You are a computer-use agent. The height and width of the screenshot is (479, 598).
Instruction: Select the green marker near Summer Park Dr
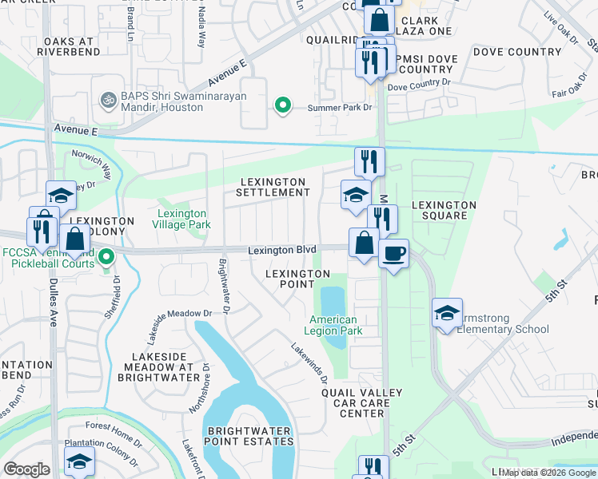(x=281, y=105)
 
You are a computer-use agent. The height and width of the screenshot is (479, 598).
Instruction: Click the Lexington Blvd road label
(x=281, y=250)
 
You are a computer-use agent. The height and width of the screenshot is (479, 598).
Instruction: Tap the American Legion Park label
(x=336, y=325)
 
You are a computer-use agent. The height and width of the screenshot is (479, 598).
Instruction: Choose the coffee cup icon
(x=393, y=255)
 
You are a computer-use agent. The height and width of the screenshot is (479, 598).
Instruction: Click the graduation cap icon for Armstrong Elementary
(x=447, y=312)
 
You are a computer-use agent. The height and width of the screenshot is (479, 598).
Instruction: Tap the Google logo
(x=26, y=469)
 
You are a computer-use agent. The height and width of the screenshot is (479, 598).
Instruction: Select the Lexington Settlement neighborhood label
(x=274, y=188)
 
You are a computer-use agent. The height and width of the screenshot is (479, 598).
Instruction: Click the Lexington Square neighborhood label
(x=444, y=210)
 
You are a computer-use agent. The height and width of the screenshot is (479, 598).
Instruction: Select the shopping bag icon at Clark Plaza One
(x=379, y=19)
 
